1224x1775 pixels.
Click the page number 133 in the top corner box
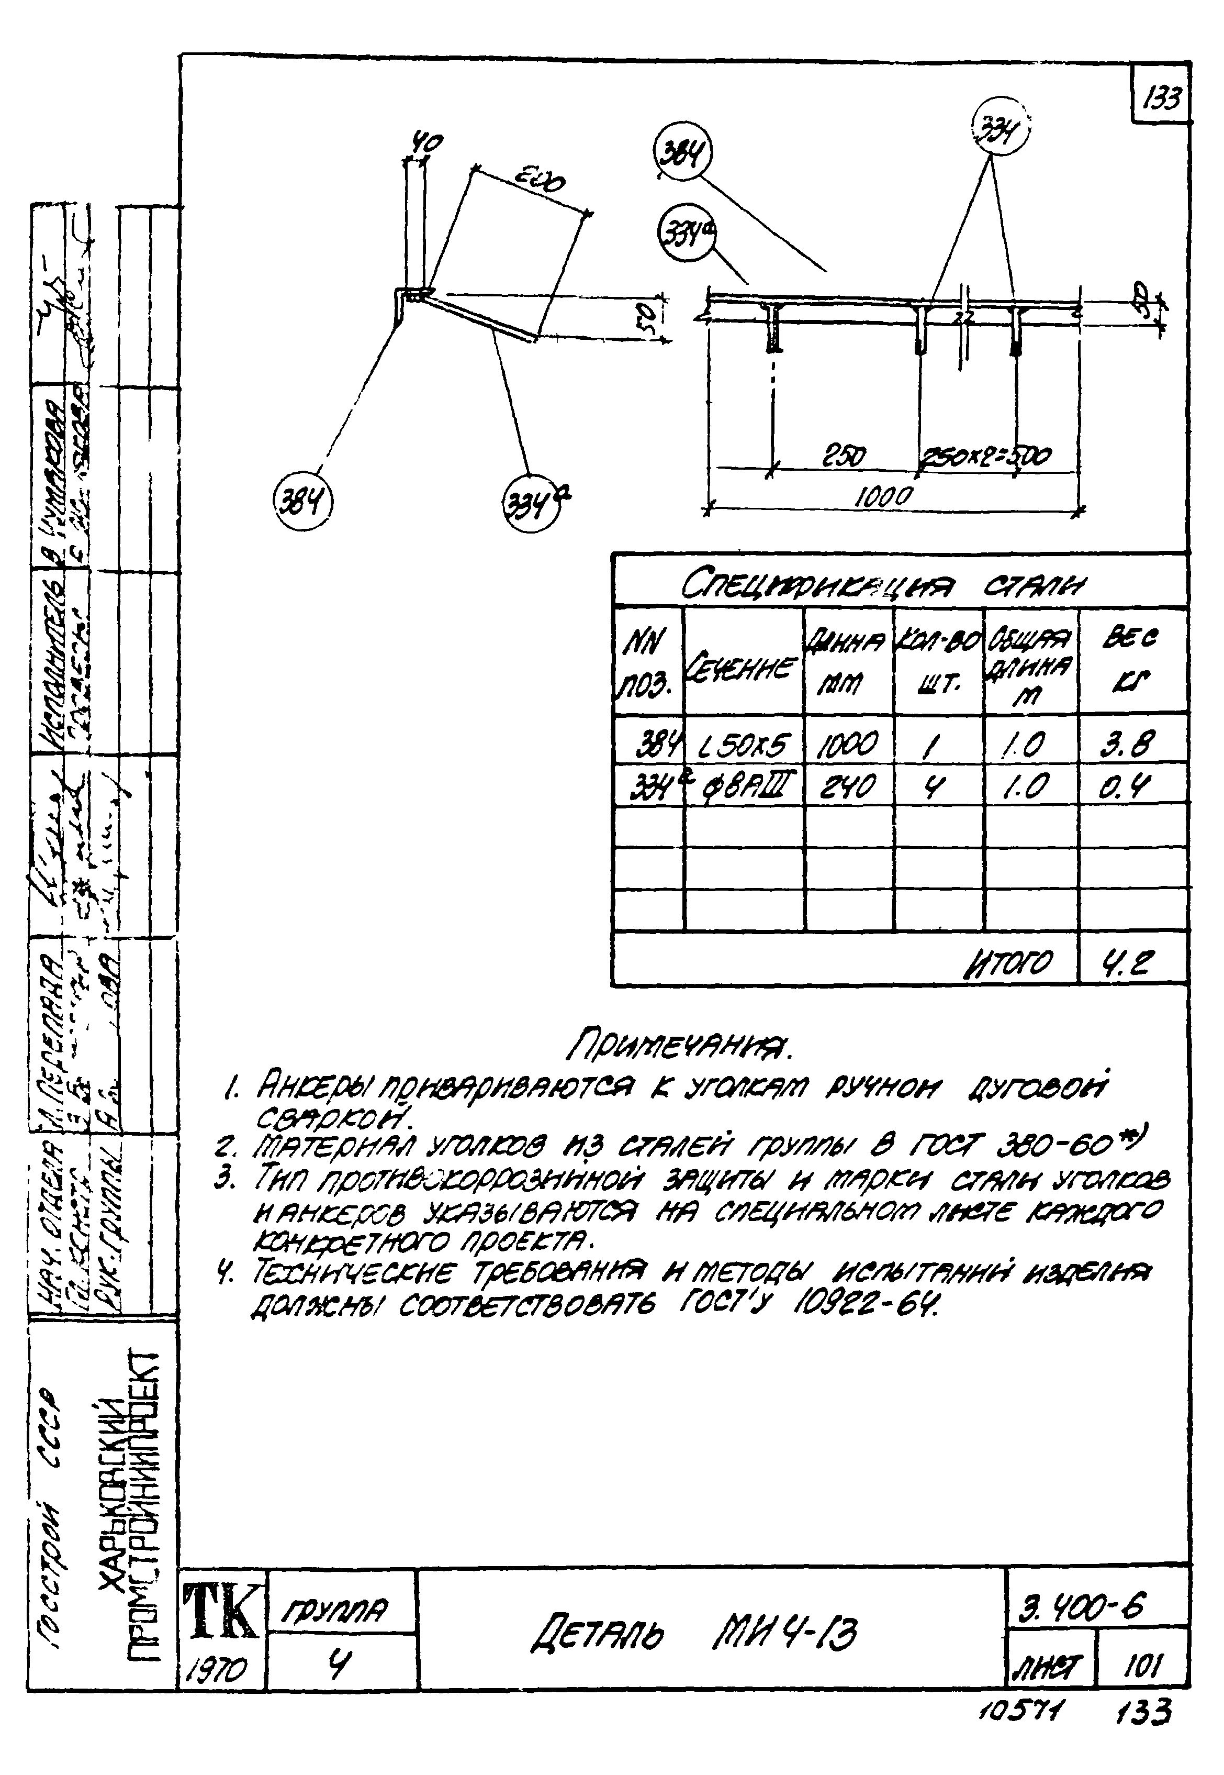[1161, 98]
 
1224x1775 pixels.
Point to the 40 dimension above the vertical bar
[423, 143]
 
